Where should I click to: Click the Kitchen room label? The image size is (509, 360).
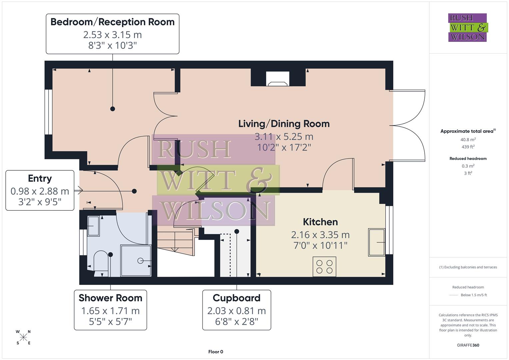tap(320, 222)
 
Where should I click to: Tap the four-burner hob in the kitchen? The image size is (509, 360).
tap(324, 266)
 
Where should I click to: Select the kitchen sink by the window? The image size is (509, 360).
tap(377, 242)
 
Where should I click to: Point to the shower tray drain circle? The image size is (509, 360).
tap(140, 261)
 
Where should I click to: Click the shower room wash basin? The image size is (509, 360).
tap(93, 226)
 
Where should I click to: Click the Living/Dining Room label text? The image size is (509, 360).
tap(284, 124)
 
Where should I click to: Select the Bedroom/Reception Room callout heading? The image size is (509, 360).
tap(112, 22)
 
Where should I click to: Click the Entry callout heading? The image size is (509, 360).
tap(40, 179)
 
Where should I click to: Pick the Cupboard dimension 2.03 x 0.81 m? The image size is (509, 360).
tap(236, 311)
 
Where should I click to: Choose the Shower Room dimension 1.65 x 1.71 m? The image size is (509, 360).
tap(110, 311)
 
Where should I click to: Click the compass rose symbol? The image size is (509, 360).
tap(23, 337)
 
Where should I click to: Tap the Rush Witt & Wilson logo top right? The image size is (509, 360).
tap(467, 28)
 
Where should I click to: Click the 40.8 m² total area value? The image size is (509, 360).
tap(468, 140)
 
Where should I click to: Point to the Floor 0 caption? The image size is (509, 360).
tap(215, 352)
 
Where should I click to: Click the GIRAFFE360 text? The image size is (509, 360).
tap(468, 345)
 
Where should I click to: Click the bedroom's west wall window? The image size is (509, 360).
tap(49, 112)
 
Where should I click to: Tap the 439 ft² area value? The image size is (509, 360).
tap(468, 147)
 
